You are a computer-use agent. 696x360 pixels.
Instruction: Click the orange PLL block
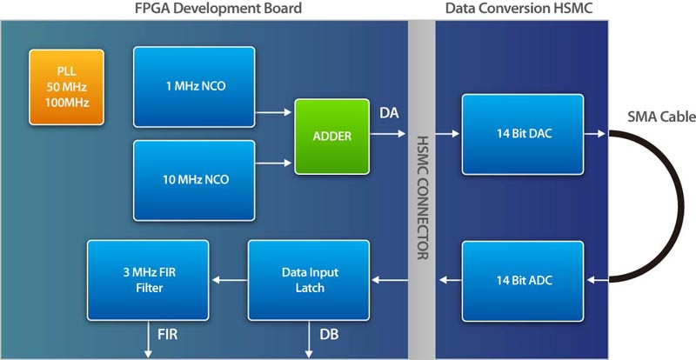(67, 87)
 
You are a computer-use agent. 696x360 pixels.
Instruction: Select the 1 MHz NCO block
(194, 87)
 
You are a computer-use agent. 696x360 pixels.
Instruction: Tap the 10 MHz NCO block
(194, 180)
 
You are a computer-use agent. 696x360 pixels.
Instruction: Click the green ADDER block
(332, 137)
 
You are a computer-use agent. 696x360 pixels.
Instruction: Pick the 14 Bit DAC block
(523, 134)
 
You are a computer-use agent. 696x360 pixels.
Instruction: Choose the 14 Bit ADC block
(523, 281)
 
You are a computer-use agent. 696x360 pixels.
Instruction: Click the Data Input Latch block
(309, 280)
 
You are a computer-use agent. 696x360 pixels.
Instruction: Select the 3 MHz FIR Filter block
(148, 280)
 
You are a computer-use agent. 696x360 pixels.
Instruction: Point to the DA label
(389, 113)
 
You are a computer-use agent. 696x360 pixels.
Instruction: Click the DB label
(330, 335)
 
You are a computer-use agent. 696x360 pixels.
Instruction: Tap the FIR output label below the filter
(167, 334)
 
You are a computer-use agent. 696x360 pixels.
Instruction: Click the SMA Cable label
(661, 117)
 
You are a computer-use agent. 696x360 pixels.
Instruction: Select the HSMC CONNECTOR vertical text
(422, 197)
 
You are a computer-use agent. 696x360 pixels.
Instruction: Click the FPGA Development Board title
(218, 8)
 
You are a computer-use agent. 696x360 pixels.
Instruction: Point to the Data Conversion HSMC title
(519, 8)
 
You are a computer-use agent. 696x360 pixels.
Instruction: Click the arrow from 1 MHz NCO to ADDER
(273, 113)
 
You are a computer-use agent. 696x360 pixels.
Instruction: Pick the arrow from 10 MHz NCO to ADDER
(273, 163)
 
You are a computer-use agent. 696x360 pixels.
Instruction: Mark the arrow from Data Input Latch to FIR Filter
(230, 280)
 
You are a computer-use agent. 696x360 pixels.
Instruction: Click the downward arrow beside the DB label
(309, 340)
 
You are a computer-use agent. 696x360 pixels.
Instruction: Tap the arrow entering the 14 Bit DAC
(447, 133)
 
